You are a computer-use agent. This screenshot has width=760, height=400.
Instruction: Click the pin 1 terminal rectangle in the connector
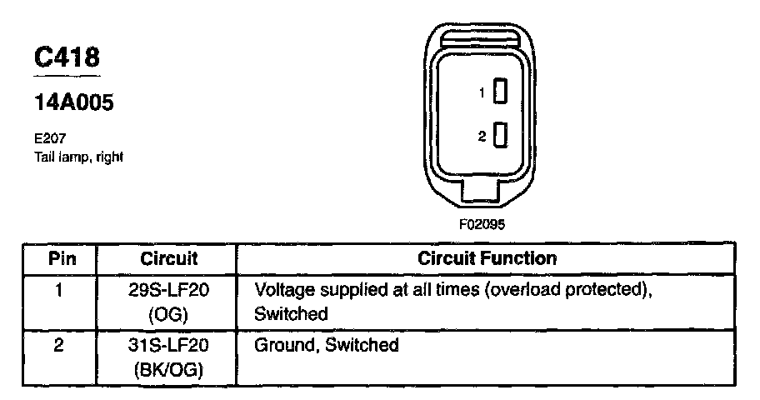tap(501, 92)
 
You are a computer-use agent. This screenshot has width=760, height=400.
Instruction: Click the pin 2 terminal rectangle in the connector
tap(501, 134)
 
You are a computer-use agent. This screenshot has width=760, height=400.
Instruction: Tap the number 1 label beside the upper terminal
tap(481, 93)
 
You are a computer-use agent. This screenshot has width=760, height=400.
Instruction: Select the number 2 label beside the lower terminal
tap(481, 136)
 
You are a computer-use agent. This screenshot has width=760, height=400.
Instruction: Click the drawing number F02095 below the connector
tap(482, 224)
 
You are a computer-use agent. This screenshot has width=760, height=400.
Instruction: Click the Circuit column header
tap(168, 258)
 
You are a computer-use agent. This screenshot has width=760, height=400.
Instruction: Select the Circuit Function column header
tap(487, 258)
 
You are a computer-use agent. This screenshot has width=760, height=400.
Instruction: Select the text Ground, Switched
tap(326, 345)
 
